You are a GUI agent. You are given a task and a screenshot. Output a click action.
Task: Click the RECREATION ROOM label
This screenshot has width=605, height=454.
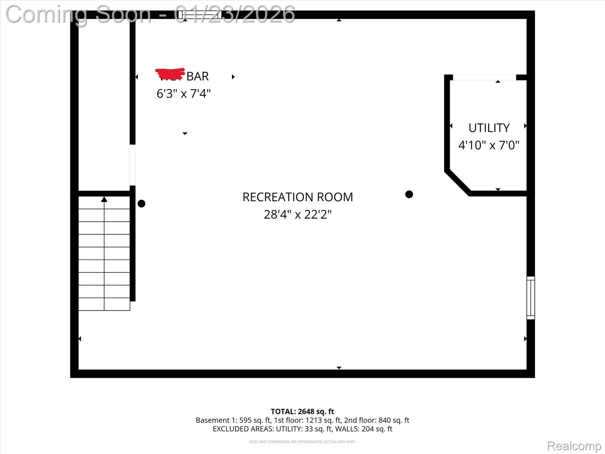297,197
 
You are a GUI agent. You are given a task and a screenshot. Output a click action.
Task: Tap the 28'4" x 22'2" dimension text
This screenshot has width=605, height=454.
297,215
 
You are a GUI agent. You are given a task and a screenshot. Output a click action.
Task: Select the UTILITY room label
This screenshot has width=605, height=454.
489,128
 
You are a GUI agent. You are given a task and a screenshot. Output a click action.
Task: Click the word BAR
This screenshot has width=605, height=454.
198,77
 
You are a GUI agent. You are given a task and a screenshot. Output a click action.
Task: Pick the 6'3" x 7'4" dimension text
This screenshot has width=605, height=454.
183,94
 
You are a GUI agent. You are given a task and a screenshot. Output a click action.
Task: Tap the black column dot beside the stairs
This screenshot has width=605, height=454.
142,204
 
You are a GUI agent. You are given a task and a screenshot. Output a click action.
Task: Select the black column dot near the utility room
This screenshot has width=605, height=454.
409,194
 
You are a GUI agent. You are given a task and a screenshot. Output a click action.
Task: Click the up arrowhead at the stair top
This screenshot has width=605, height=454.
104,200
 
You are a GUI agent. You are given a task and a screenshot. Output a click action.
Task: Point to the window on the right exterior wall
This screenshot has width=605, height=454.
531,298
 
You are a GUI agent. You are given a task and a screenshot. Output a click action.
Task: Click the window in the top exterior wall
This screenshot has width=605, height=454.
200,15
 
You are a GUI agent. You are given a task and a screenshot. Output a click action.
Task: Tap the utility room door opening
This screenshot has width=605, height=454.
484,77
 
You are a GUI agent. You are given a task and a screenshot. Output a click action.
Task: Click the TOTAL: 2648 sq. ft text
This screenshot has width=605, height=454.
302,411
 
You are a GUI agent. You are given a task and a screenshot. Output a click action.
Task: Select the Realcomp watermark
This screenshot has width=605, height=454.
574,446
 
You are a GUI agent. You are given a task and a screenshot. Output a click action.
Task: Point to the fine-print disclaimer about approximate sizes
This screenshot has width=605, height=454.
302,442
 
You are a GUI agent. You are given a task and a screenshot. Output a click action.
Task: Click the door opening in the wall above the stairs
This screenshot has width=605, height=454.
133,165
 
